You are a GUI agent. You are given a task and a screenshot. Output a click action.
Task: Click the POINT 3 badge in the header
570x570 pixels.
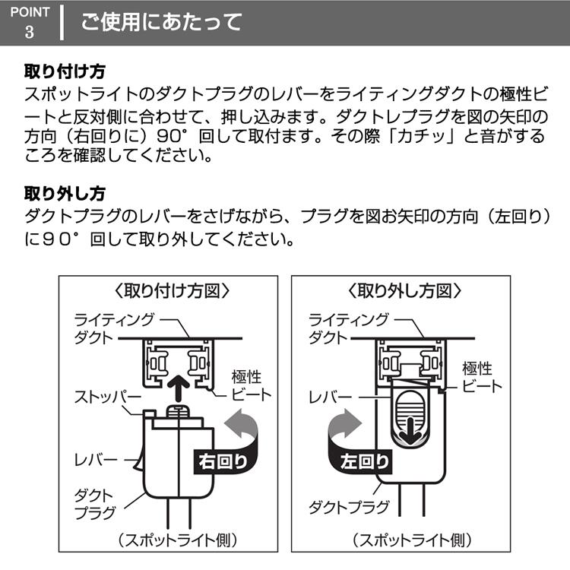tap(30, 22)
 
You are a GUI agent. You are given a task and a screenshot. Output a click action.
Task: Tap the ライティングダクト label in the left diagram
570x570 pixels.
tap(114, 328)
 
